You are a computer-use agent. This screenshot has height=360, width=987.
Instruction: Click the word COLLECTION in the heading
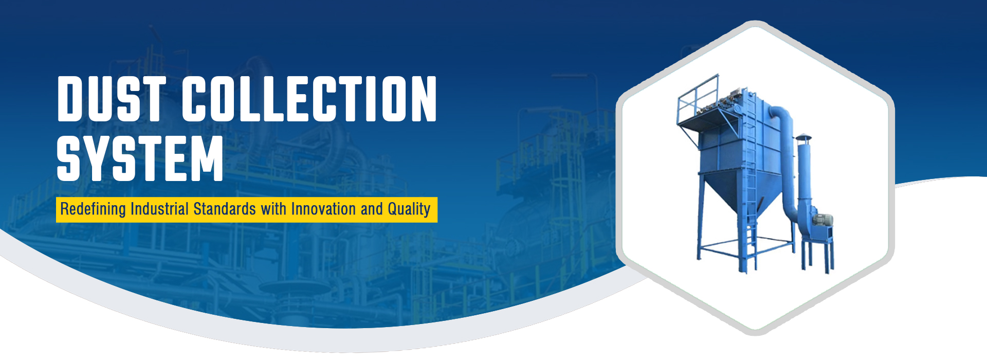309,99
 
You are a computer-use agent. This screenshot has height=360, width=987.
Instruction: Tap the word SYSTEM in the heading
140,158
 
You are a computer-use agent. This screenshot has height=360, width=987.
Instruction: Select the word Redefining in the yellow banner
93,209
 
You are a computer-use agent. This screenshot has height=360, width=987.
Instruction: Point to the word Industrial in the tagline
159,209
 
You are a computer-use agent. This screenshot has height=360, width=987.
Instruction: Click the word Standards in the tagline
225,209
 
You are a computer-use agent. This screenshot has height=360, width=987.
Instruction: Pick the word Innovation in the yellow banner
323,209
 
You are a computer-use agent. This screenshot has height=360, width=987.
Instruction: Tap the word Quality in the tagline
409,209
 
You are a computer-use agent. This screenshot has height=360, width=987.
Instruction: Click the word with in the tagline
273,209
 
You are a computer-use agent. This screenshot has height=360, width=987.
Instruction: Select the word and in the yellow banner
372,209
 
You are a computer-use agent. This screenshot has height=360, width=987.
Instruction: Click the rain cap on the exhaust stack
803,138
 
